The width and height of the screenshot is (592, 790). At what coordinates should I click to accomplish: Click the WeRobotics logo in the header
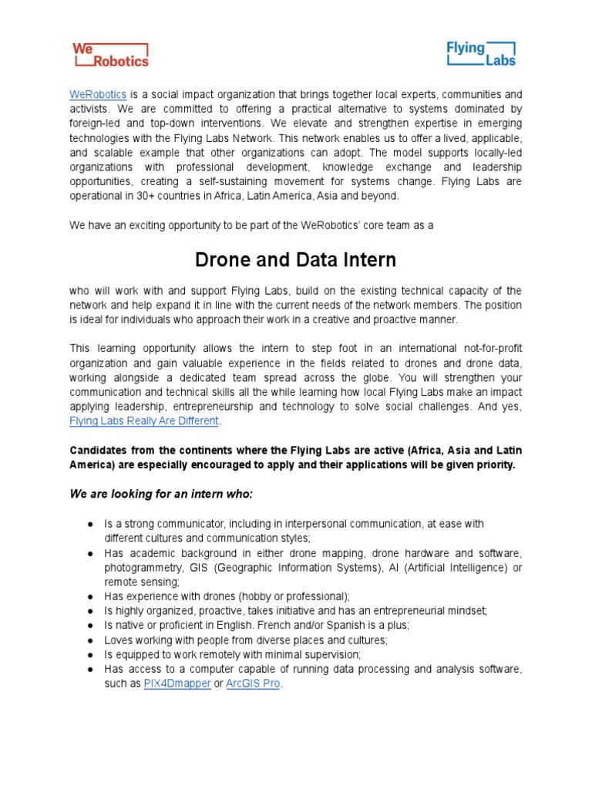pyautogui.click(x=110, y=54)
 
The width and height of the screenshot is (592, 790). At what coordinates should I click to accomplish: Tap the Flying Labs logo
pyautogui.click(x=481, y=53)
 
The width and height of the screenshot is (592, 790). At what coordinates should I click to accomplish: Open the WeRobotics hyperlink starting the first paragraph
pyautogui.click(x=98, y=94)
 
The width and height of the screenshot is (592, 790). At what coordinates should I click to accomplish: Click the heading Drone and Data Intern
pyautogui.click(x=296, y=260)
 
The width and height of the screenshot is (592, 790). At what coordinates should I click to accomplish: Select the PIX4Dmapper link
pyautogui.click(x=177, y=684)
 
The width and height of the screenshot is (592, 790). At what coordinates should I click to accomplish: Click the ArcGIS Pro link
pyautogui.click(x=253, y=684)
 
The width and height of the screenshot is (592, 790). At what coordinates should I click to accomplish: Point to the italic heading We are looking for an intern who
pyautogui.click(x=161, y=493)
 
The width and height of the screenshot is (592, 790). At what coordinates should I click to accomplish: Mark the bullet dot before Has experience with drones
pyautogui.click(x=90, y=597)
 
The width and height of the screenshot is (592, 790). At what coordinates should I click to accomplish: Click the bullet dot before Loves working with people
pyautogui.click(x=90, y=640)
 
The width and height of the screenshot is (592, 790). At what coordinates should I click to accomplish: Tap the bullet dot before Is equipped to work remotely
pyautogui.click(x=90, y=655)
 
